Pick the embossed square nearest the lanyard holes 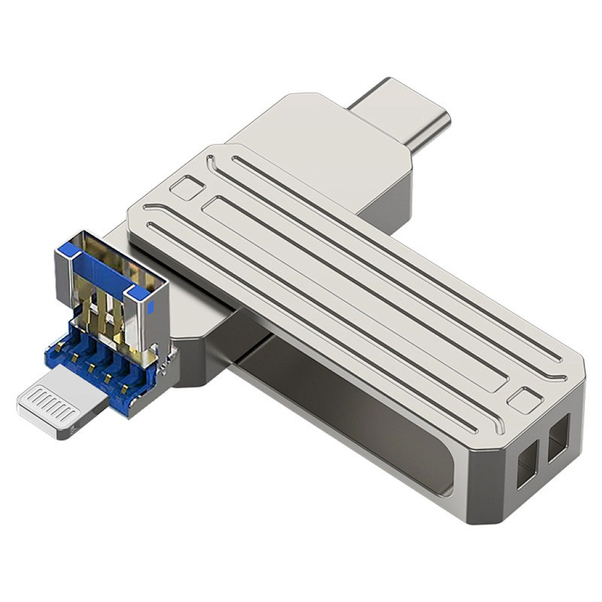[x=524, y=400]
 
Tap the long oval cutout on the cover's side [x=354, y=421]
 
